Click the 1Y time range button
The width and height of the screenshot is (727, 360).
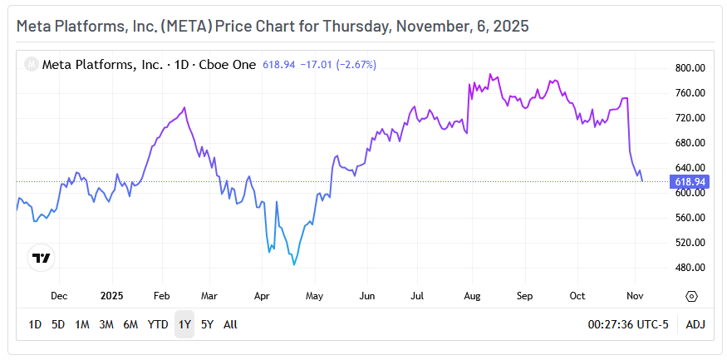coord(184,324)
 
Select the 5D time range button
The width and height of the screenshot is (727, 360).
coord(58,324)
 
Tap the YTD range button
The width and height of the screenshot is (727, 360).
coord(158,324)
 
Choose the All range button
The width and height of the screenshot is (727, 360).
coord(230,324)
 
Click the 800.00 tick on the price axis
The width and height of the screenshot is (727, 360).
coord(690,68)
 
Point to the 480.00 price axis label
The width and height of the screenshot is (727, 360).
coord(690,268)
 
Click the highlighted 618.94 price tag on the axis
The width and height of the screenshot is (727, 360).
coord(690,181)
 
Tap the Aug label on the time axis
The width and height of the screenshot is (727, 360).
coord(471,295)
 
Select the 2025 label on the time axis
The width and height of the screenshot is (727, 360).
coord(111,295)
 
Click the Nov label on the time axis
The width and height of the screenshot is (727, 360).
coord(634,295)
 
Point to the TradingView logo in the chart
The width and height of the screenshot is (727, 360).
coord(41,258)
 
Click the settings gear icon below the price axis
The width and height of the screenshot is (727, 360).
coord(691,296)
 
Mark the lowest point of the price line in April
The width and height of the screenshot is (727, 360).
coord(294,265)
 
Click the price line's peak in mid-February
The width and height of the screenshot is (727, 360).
coord(184,107)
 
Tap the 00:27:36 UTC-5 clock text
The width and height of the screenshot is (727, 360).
coord(627,324)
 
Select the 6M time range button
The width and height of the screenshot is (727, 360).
coord(130,324)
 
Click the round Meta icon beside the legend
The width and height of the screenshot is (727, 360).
coord(31,63)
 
